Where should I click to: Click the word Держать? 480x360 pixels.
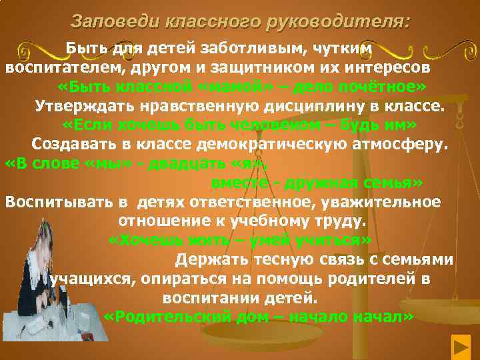[211, 259]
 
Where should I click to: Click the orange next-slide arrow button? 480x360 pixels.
[461, 347]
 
